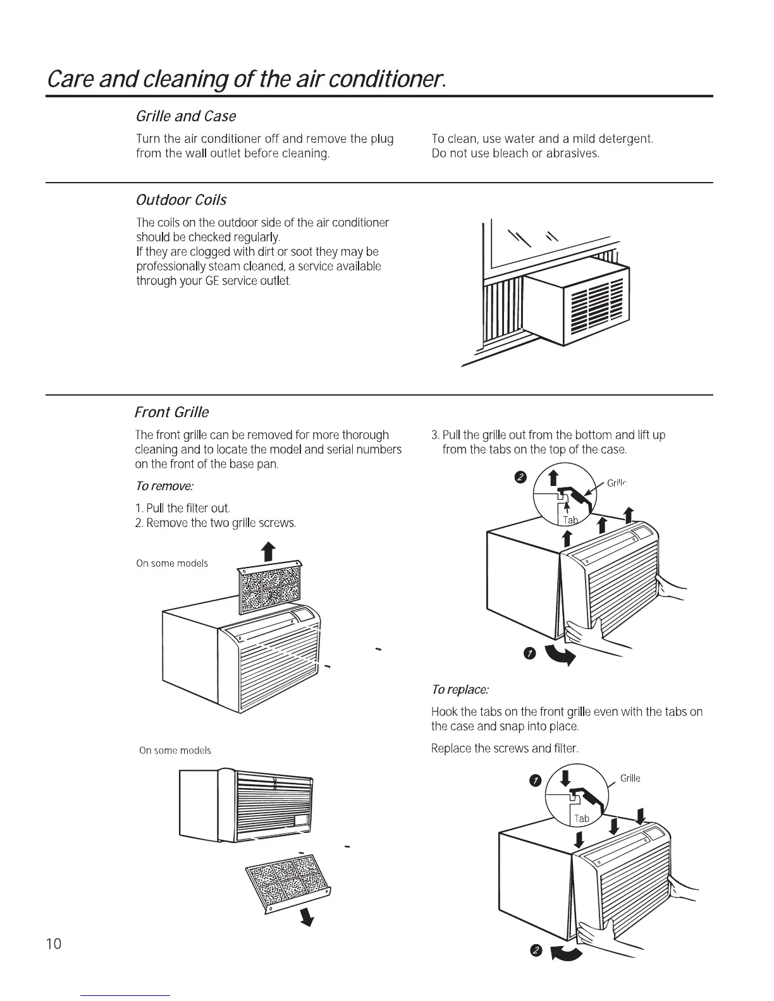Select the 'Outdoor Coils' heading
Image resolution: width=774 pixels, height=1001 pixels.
coord(181,200)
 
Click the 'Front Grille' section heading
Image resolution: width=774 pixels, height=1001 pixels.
coord(171,413)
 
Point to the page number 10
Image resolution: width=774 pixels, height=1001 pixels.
coord(54,944)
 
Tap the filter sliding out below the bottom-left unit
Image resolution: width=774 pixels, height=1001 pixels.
coord(288,881)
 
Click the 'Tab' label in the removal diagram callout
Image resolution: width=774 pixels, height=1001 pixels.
coord(570,520)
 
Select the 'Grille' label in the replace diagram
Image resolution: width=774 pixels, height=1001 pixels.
coord(630,779)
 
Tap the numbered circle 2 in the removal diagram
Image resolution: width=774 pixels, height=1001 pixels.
coord(520,476)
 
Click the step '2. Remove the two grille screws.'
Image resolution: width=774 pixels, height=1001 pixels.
coord(216,523)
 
